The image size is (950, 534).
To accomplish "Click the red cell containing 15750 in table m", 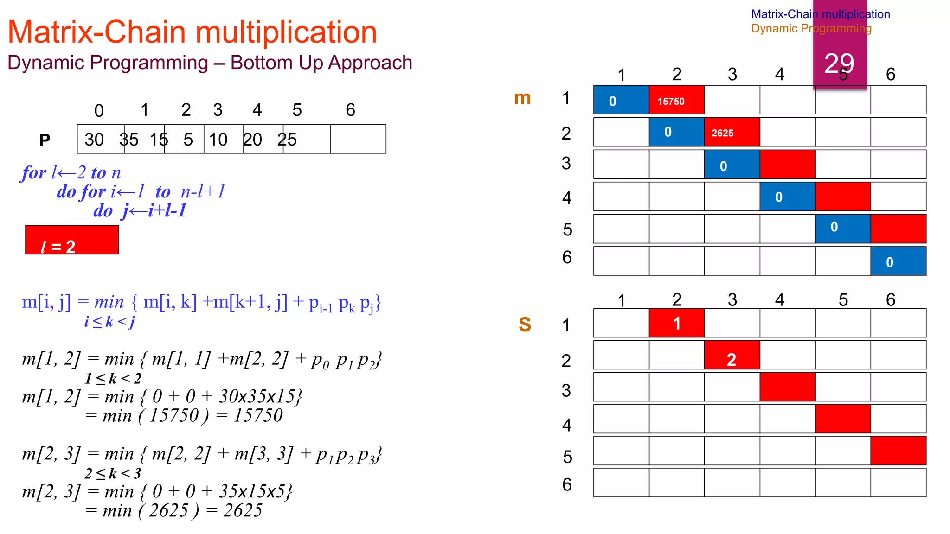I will coord(676,100).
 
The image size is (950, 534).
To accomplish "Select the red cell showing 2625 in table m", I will coord(732,132).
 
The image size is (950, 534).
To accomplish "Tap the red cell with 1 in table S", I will coord(676,323).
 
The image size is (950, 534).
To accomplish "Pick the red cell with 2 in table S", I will coord(732,356).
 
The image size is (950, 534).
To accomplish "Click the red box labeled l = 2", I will coord(72,240).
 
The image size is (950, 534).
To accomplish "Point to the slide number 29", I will coord(839,63).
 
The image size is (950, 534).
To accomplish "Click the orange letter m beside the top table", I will coord(522,98).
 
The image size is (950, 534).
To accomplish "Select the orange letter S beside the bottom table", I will coord(525,324).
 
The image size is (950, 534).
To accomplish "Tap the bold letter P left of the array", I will coord(45,140).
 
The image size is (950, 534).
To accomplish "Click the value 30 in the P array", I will coord(94,140).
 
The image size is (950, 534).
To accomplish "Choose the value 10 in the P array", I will coord(218,140).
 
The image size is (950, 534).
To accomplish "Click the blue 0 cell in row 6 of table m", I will coord(898,261).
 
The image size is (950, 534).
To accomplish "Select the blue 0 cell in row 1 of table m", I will coord(621,100).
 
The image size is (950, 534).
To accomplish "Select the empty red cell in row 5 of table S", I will coord(898,451).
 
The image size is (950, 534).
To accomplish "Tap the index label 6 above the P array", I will coord(350,110).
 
